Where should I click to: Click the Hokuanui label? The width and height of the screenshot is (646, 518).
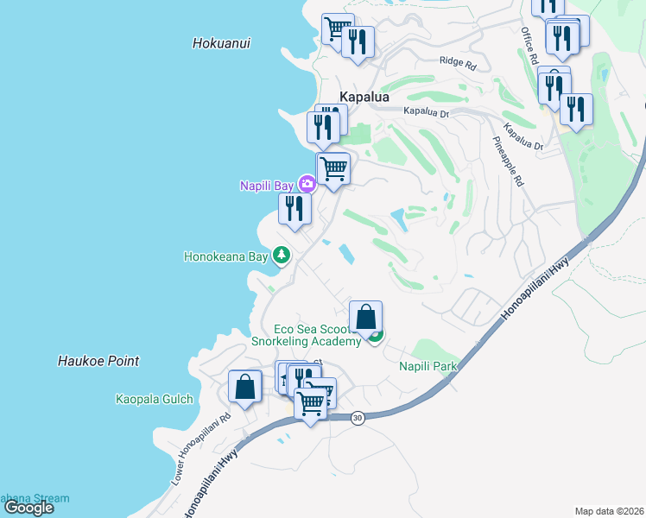pos(222,42)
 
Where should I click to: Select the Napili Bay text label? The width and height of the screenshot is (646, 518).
pos(267,185)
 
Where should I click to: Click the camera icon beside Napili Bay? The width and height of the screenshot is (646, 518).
pos(307,184)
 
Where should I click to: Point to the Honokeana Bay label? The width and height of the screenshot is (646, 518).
pos(226,256)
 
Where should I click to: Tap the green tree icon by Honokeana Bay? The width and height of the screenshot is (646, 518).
pos(281,256)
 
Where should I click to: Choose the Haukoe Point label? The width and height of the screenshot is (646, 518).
pos(98,361)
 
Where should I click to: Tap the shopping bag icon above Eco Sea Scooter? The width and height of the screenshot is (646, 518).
pos(366,317)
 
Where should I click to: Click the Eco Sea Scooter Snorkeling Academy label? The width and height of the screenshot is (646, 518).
pos(305,335)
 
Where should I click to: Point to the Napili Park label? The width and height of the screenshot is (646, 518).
pos(427,366)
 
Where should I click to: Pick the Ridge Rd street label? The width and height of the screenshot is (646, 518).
pos(458,63)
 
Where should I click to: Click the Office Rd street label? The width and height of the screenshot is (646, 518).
pos(529,46)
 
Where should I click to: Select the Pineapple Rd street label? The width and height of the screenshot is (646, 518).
pos(509,161)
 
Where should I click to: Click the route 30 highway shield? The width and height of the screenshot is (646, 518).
pos(358,417)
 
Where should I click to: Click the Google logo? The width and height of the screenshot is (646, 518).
pos(29,507)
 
